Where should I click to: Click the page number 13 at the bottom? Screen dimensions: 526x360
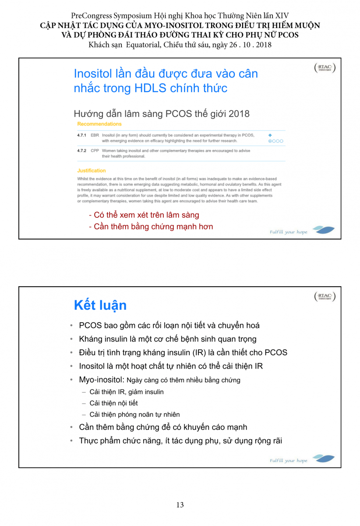180,505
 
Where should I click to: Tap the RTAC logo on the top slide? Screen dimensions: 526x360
325,68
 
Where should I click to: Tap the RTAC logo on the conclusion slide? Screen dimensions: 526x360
325,297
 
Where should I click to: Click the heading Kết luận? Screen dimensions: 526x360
100,305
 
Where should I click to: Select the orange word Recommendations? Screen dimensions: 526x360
99,124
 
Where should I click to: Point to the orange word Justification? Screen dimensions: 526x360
92,171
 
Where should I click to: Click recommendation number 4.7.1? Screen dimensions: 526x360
81,135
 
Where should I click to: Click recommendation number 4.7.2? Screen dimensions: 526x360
81,151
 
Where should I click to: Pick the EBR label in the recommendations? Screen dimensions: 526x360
95,135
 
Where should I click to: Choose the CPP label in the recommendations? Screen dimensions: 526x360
95,151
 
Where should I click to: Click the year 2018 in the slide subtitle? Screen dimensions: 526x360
239,114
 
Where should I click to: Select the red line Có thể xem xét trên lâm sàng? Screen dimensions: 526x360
144,215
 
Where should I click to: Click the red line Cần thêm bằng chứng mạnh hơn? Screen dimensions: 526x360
151,227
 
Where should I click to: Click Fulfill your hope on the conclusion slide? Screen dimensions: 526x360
289,461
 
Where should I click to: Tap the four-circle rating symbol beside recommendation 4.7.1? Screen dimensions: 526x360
276,141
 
